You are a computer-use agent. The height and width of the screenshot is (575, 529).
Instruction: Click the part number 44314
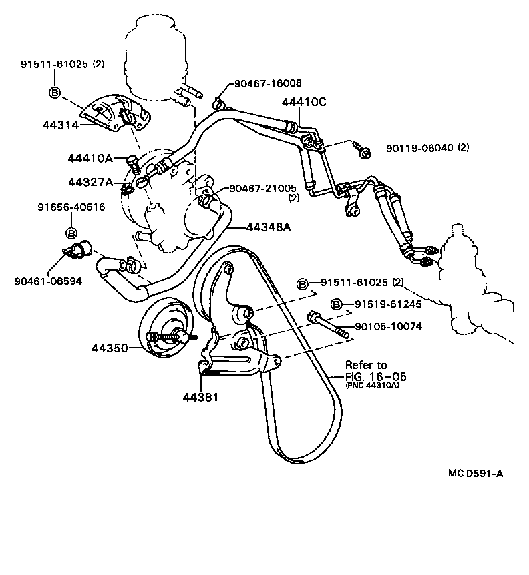(x=60, y=125)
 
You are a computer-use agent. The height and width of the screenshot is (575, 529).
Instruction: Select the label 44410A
(x=89, y=158)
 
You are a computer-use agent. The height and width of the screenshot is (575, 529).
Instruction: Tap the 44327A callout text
(x=89, y=182)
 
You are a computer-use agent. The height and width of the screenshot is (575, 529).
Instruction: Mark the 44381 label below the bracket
(x=200, y=397)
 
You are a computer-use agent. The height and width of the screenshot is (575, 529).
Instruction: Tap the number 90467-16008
(x=267, y=83)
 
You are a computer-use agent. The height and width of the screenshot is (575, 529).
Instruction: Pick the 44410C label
(x=304, y=103)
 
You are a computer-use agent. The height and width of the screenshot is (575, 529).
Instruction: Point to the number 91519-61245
(x=389, y=304)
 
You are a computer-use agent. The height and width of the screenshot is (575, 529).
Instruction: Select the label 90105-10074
(x=389, y=326)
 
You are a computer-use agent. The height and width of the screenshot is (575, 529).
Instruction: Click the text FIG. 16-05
(x=375, y=376)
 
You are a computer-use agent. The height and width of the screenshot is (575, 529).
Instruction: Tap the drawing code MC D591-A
(x=476, y=473)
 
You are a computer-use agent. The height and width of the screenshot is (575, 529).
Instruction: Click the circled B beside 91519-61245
(x=337, y=304)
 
